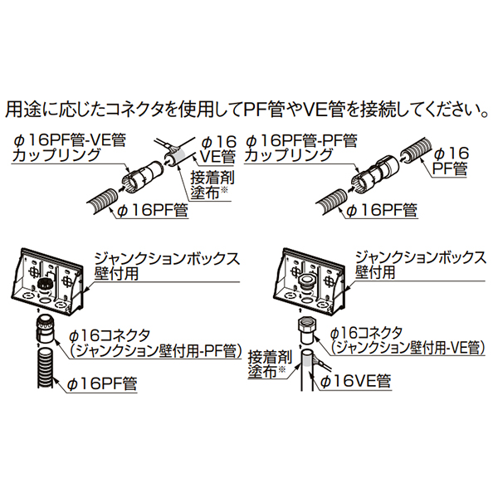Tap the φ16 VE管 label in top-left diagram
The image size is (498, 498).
(x=217, y=148)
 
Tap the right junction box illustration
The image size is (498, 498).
(x=309, y=276)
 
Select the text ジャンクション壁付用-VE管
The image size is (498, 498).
(x=408, y=349)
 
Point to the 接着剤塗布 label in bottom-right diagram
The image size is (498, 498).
(x=266, y=366)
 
